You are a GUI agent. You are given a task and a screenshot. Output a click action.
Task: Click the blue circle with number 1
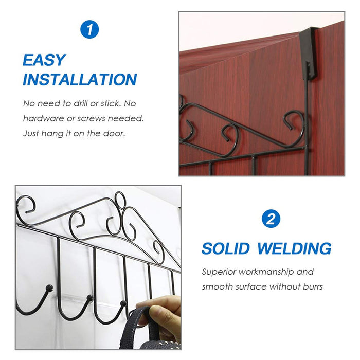(x=90, y=29)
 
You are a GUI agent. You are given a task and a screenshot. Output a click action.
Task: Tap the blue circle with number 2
(x=271, y=219)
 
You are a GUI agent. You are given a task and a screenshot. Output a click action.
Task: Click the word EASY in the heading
(x=44, y=60)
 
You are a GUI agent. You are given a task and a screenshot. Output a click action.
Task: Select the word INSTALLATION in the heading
(x=80, y=80)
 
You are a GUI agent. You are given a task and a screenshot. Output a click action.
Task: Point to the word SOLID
(x=225, y=249)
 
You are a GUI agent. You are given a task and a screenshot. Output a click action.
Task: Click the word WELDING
(x=294, y=249)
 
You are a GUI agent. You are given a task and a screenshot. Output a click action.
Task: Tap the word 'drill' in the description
(x=81, y=103)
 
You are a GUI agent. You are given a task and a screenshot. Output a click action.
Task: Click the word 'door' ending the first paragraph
(x=114, y=133)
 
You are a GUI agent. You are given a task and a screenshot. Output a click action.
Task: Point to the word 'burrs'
(x=312, y=286)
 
